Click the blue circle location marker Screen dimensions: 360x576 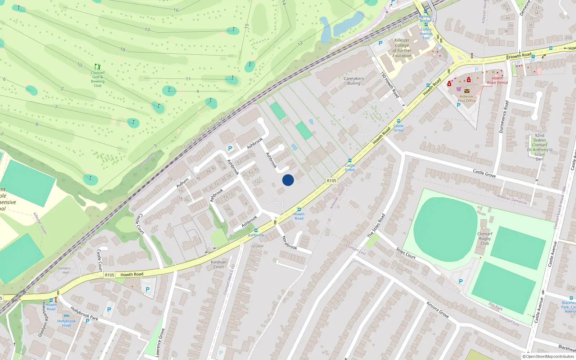coord(288,180)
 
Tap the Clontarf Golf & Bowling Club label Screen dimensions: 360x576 coord(98,79)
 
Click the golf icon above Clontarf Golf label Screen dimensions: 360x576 coord(98,67)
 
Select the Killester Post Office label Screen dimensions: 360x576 coord(467,99)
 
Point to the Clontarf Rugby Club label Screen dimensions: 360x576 coord(485,238)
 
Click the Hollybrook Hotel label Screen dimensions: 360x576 coord(67,323)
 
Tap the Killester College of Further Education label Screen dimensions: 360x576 coord(402,48)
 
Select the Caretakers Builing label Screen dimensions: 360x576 coord(354,81)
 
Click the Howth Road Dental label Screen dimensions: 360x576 coord(497,80)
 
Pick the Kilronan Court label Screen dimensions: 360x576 coord(219,264)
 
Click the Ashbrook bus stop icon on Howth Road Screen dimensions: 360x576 coord(256,230)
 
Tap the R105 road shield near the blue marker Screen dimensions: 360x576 coord(331,181)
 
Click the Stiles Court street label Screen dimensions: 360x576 coord(406,253)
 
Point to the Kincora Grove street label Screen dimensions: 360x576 coord(438,310)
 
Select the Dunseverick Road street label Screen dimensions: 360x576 coord(504,117)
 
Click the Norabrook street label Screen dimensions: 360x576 coord(289,242)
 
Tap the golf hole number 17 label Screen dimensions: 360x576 coord(147,30)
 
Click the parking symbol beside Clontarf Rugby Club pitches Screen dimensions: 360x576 coord(461,282)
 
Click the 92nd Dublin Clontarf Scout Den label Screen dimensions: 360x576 coord(539,147)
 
